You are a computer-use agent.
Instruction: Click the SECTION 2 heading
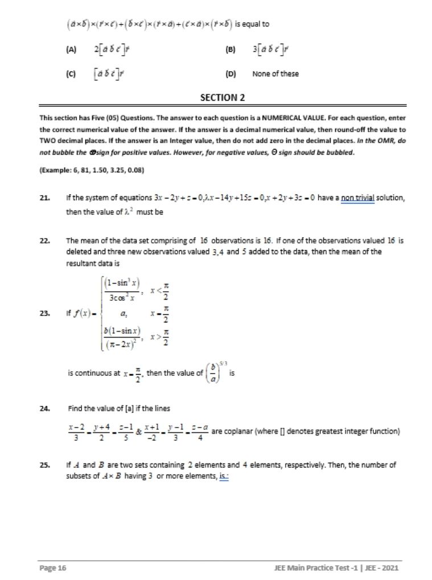(x=223, y=97)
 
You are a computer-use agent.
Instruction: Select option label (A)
(x=71, y=50)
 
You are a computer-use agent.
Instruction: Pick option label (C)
(x=71, y=74)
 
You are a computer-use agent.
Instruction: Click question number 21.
(x=44, y=197)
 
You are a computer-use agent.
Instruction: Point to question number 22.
(x=44, y=241)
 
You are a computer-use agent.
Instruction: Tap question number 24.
(x=44, y=408)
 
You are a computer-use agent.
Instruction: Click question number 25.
(x=44, y=465)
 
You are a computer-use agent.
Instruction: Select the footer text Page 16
(x=53, y=568)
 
